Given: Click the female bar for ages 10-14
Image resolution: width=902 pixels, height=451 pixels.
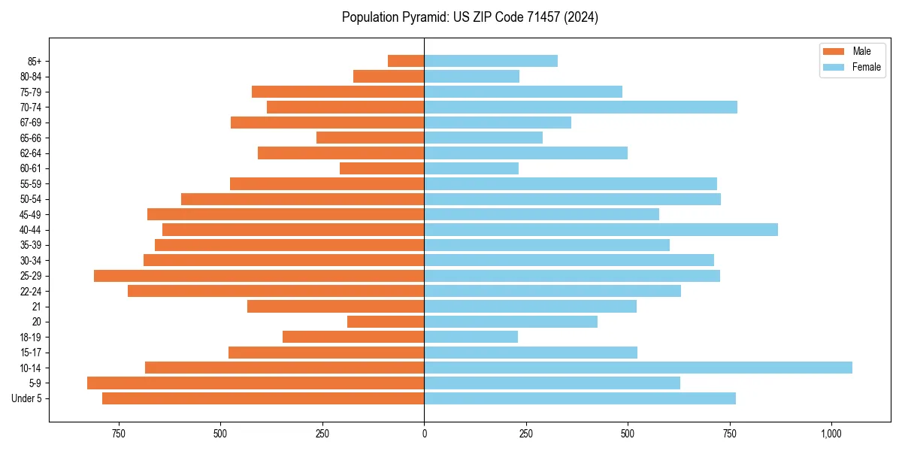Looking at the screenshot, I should (x=637, y=368).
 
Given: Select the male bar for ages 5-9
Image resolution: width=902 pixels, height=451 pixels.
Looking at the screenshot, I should (x=256, y=383).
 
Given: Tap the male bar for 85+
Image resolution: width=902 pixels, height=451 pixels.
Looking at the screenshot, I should (x=406, y=61).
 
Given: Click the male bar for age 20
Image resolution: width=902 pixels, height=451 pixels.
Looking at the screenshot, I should (x=386, y=322).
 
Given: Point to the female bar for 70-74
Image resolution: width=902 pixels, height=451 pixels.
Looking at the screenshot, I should (x=580, y=107).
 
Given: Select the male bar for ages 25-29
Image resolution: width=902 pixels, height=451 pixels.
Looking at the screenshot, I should (x=259, y=276).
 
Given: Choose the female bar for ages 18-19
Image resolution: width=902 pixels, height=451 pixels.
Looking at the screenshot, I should (x=471, y=337).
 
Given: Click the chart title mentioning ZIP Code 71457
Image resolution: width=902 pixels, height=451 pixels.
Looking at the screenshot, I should (x=470, y=17).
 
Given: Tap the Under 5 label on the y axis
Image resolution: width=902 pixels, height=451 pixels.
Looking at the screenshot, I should (x=27, y=398).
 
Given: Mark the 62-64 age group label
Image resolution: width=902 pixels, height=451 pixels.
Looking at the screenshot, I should (x=31, y=153).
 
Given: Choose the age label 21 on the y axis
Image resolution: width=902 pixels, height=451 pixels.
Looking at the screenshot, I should (x=36, y=307).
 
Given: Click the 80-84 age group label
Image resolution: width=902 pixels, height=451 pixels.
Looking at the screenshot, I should (x=31, y=77).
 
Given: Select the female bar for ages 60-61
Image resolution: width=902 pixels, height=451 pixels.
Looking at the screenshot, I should (x=471, y=168).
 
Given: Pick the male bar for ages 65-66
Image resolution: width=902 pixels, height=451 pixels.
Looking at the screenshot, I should (x=371, y=138).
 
